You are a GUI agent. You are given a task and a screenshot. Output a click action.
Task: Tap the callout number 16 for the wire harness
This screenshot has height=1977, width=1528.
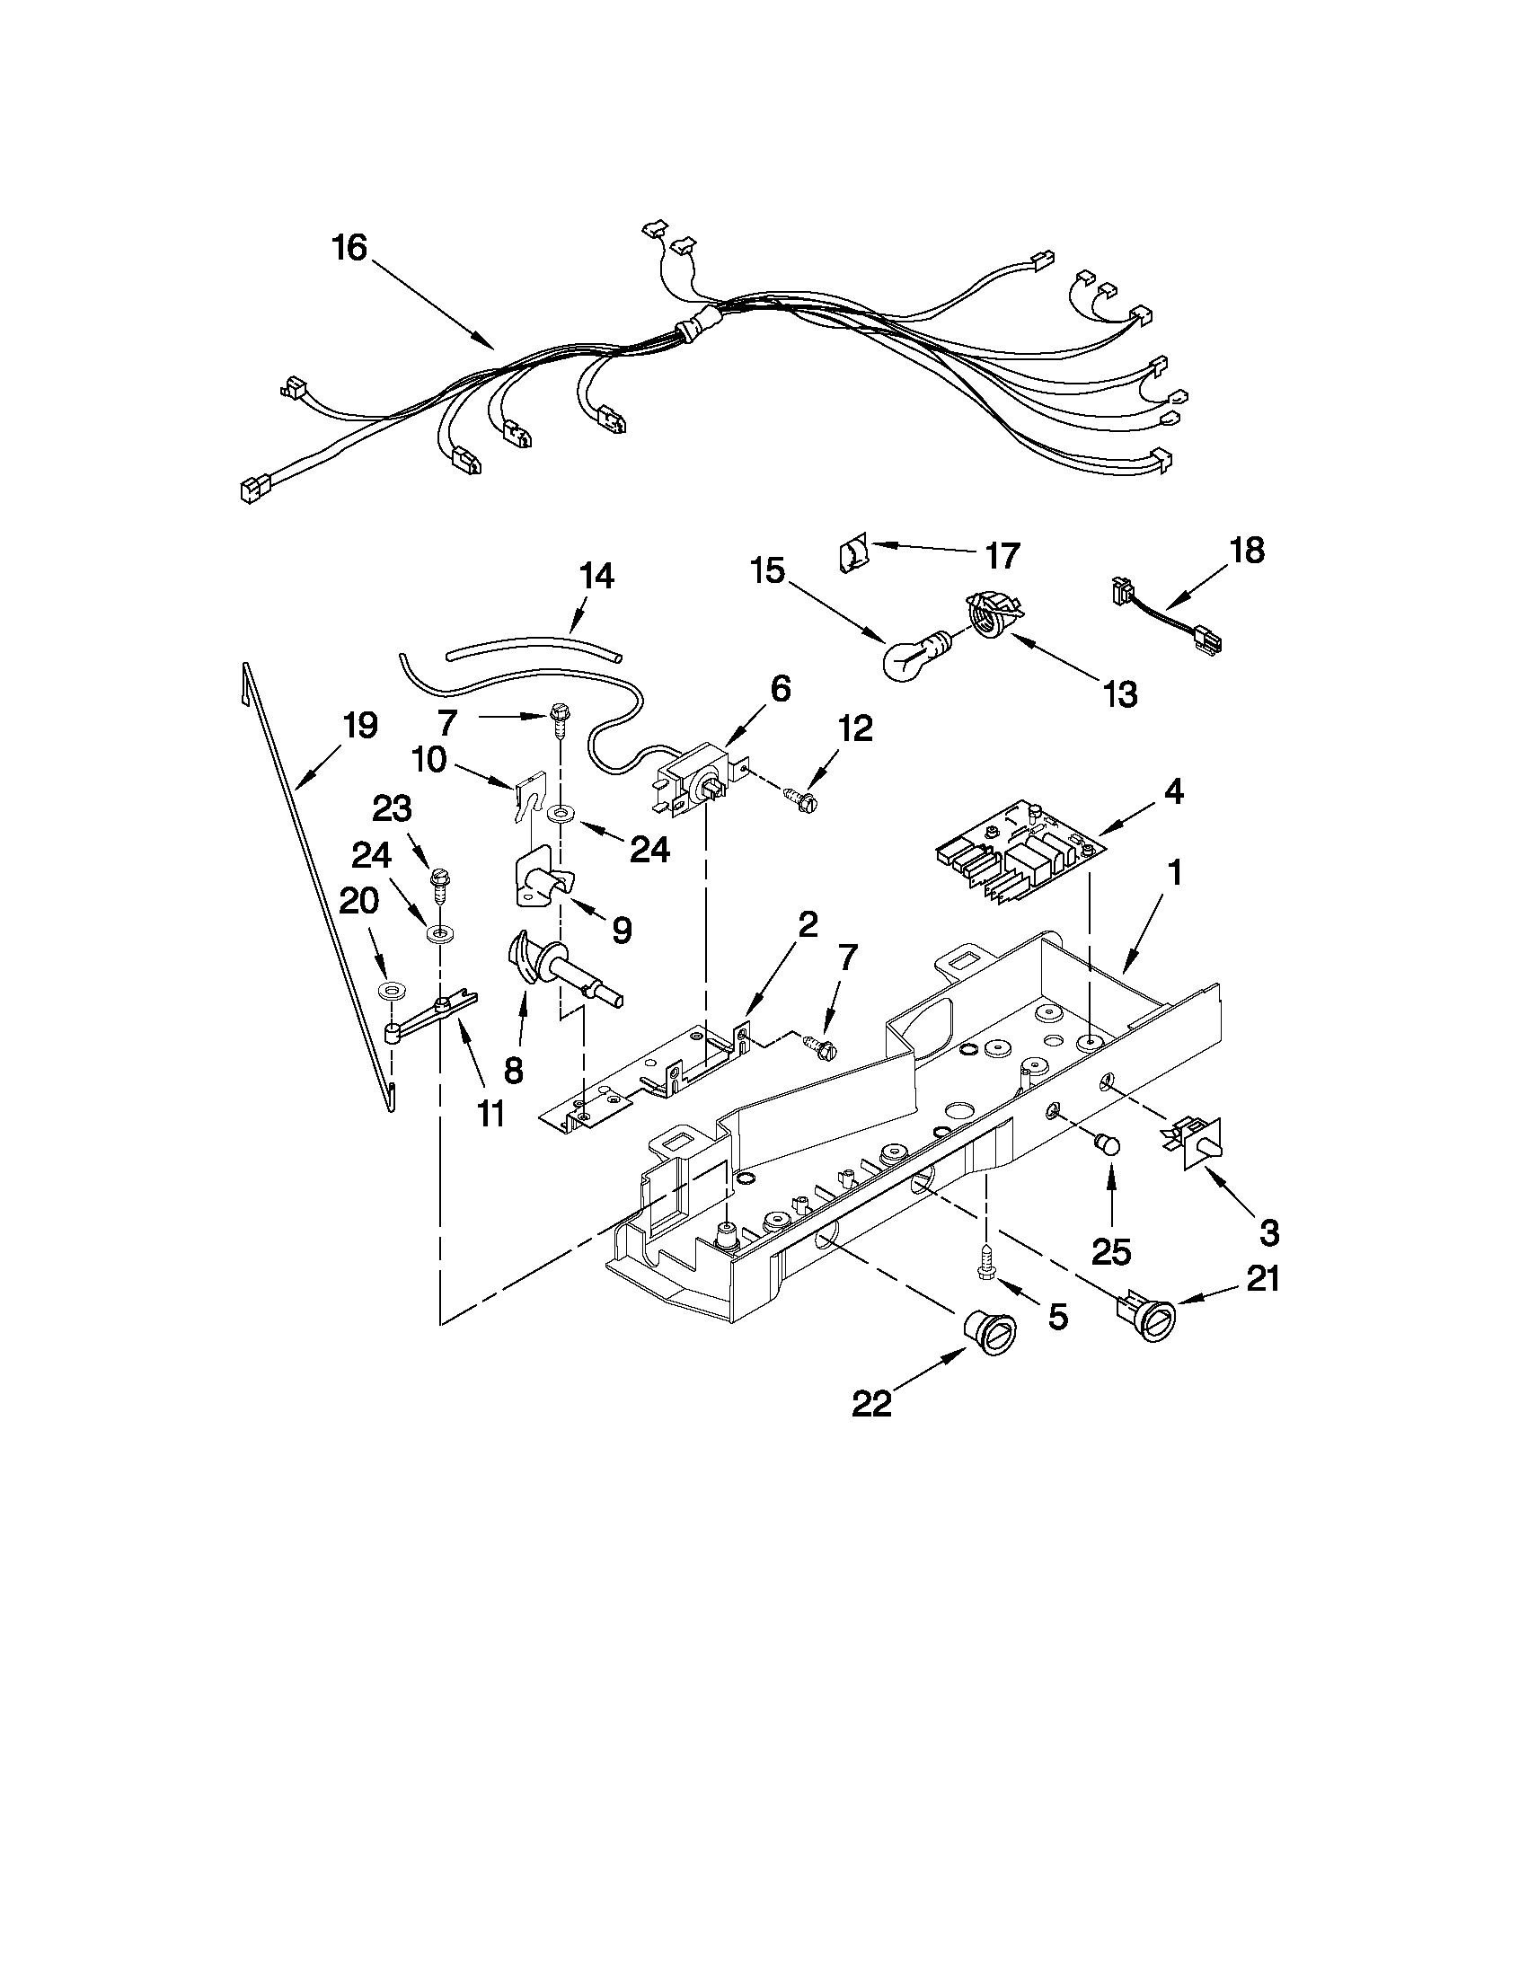coord(349,247)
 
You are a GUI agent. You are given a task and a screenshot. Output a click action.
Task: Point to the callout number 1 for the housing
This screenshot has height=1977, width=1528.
coord(1174,874)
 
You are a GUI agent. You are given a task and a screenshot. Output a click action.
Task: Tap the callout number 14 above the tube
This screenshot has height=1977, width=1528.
coord(596,577)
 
